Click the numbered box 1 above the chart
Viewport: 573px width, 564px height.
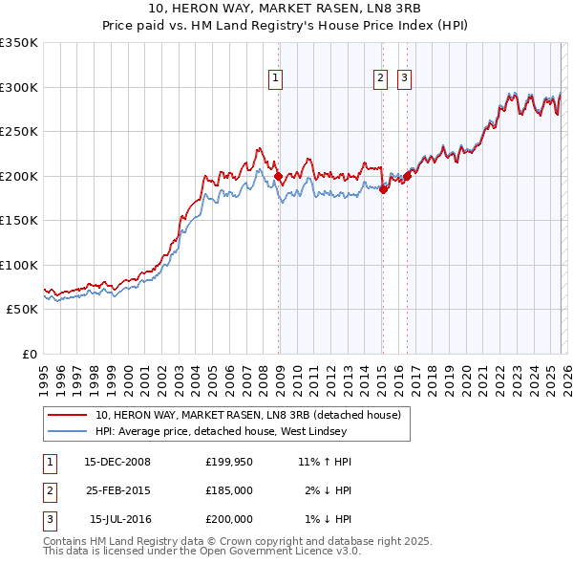tap(275, 78)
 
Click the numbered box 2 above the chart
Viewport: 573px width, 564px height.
tap(380, 78)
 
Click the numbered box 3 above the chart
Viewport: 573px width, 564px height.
tap(404, 78)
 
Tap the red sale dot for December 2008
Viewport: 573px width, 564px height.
tap(278, 177)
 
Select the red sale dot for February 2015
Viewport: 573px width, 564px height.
tap(383, 189)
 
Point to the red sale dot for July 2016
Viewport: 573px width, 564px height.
tap(407, 176)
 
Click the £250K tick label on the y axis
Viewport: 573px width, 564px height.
tap(19, 131)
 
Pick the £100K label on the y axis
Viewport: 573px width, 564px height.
tap(19, 265)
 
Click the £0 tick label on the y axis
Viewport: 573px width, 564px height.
tap(29, 354)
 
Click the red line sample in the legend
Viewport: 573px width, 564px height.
tap(67, 415)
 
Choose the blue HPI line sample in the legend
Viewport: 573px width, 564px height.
tap(67, 432)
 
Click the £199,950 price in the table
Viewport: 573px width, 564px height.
tap(228, 462)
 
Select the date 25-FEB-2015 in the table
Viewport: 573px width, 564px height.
tap(117, 490)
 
